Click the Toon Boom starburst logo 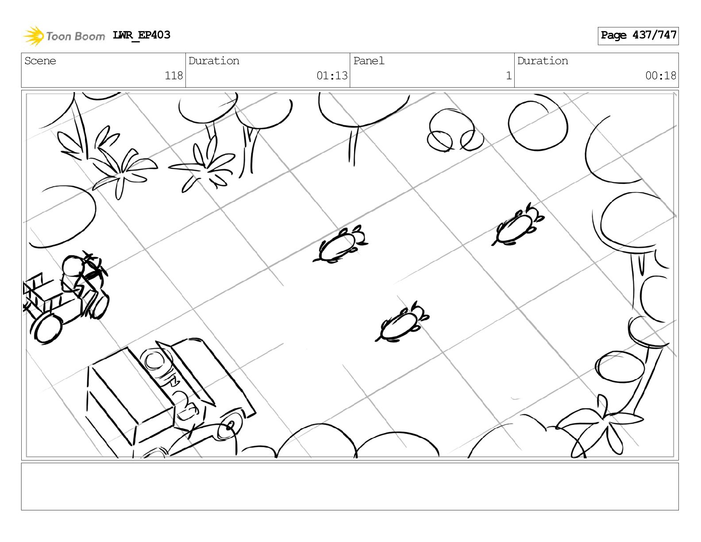point(33,36)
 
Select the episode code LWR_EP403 point(141,35)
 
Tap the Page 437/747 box point(638,36)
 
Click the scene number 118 point(173,76)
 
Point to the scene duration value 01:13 point(332,76)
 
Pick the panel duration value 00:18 point(661,76)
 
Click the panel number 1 point(509,76)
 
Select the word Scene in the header point(40,61)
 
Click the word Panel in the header point(369,61)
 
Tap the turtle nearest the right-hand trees point(517,225)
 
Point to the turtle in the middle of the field point(340,244)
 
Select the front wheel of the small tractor point(48,329)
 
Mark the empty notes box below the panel point(350,487)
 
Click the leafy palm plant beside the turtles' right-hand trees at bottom point(601,426)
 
